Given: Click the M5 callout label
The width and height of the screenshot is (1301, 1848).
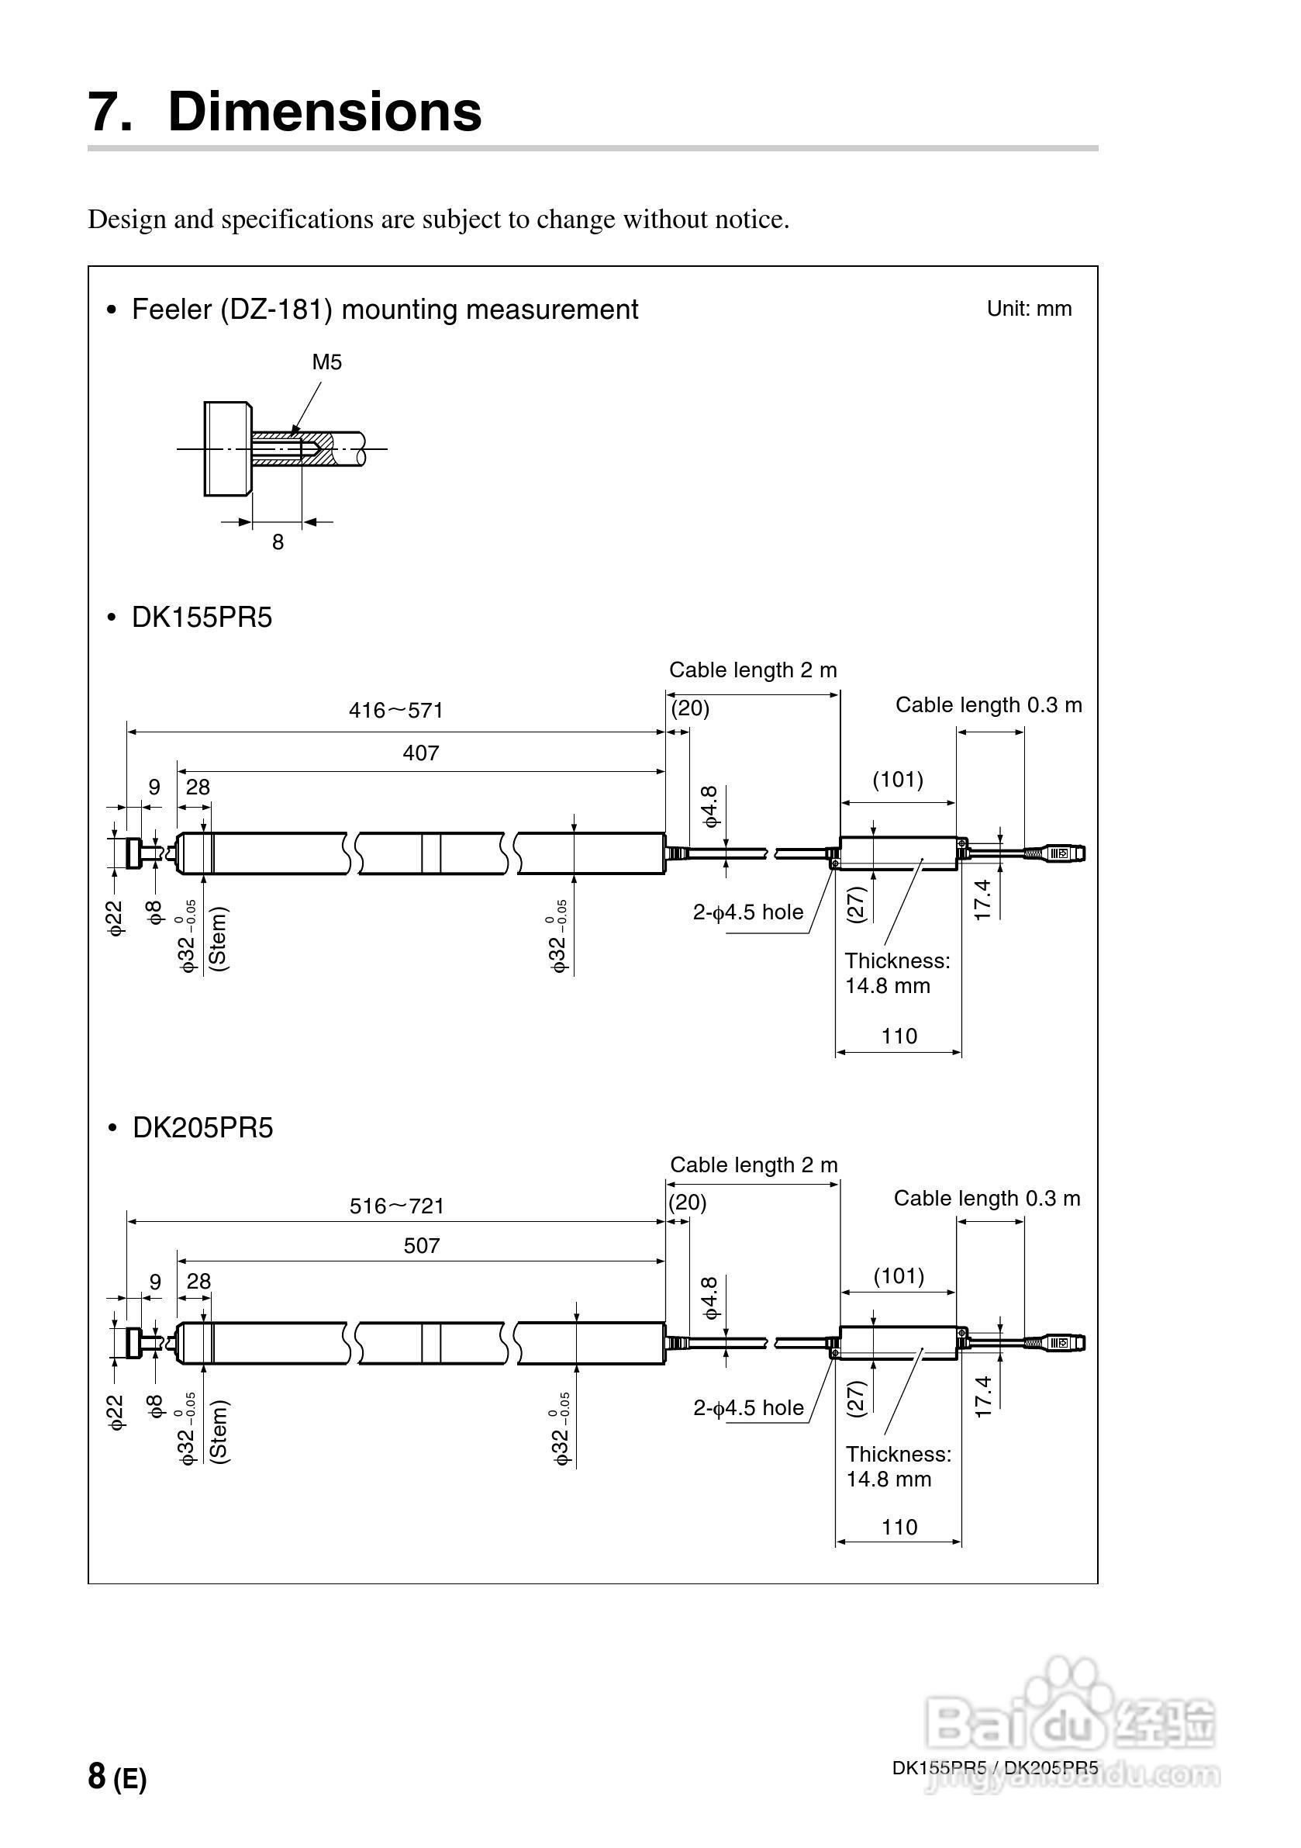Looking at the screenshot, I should pyautogui.click(x=326, y=362).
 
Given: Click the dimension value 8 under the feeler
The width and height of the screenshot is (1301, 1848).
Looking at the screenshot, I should pyautogui.click(x=278, y=542).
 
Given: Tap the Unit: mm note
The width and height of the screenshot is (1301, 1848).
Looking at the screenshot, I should pyautogui.click(x=1028, y=308).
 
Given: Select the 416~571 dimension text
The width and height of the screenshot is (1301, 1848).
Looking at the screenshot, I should pyautogui.click(x=396, y=710).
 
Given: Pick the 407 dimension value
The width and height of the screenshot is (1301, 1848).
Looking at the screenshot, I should pyautogui.click(x=421, y=753).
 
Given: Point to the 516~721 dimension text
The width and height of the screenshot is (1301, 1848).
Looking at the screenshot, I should pyautogui.click(x=397, y=1206).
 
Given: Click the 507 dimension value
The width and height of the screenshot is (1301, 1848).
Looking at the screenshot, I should pyautogui.click(x=422, y=1246).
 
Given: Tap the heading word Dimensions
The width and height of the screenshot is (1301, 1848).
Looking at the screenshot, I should pyautogui.click(x=324, y=111).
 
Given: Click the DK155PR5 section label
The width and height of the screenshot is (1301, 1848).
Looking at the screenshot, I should pyautogui.click(x=201, y=618).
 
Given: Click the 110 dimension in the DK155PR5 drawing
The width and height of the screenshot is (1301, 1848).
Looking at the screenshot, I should pyautogui.click(x=899, y=1036).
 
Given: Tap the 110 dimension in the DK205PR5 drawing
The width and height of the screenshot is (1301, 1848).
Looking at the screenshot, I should pyautogui.click(x=899, y=1527).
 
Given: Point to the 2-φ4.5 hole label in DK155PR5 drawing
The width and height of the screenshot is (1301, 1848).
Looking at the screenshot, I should pyautogui.click(x=748, y=912).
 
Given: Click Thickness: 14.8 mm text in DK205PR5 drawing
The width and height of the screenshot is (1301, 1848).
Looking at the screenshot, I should pyautogui.click(x=898, y=1466).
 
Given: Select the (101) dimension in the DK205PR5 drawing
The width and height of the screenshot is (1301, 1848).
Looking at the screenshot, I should pyautogui.click(x=899, y=1275).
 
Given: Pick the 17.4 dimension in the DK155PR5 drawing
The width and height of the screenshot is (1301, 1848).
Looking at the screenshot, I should pyautogui.click(x=982, y=899).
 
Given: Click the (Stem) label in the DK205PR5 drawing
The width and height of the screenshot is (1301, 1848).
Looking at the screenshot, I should pyautogui.click(x=219, y=1431).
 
